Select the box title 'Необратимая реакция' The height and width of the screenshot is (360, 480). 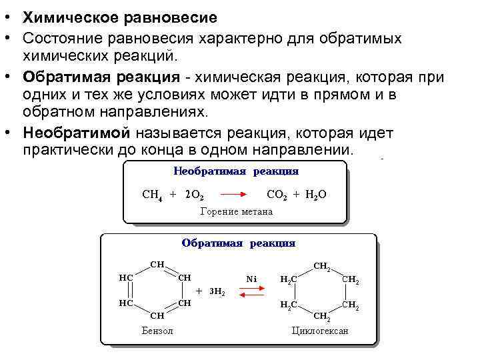point(236,171)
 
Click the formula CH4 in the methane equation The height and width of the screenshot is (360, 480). point(153,195)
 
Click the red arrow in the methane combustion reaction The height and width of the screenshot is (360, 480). point(235,195)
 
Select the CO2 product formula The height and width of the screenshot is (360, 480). point(276,195)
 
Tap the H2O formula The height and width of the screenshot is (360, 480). point(317,195)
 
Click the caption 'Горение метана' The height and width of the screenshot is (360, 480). point(237,212)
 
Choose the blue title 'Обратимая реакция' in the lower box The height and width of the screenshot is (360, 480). point(239,243)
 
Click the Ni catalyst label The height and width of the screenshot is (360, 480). point(251,278)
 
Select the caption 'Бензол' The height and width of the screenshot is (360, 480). point(157,331)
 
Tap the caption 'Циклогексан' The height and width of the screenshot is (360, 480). point(320,331)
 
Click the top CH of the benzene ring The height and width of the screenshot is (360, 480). point(157,264)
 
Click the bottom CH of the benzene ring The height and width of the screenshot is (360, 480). point(157,315)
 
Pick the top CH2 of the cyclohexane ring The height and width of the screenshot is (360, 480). point(321,266)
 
